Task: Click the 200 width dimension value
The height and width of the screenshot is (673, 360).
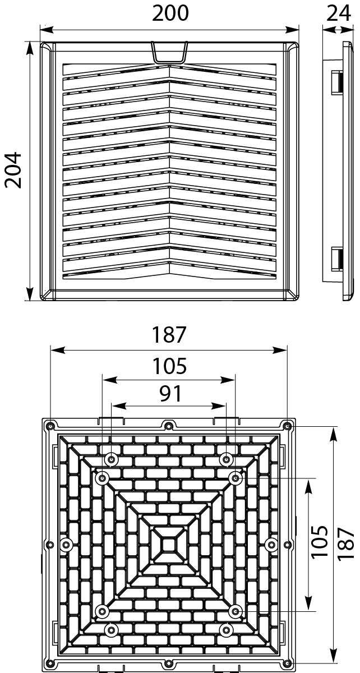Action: pyautogui.click(x=170, y=13)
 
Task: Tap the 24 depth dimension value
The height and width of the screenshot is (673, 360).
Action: pyautogui.click(x=339, y=13)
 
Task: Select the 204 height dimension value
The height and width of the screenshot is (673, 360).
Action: pyautogui.click(x=12, y=169)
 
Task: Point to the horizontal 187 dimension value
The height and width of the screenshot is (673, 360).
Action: pyautogui.click(x=169, y=335)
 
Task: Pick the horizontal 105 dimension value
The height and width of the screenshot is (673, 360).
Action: pyautogui.click(x=169, y=366)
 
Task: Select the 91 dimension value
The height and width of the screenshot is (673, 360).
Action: pyautogui.click(x=169, y=393)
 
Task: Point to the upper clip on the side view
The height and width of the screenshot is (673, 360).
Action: pyautogui.click(x=337, y=82)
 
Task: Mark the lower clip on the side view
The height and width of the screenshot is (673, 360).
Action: pyautogui.click(x=337, y=259)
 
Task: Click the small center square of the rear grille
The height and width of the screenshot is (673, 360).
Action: pyautogui.click(x=169, y=543)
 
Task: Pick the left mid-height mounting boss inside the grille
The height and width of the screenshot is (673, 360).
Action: pyautogui.click(x=67, y=543)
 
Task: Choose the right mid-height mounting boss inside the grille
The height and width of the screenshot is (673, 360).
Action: pyautogui.click(x=271, y=543)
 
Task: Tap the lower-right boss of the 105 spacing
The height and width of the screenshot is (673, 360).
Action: pyautogui.click(x=236, y=610)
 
